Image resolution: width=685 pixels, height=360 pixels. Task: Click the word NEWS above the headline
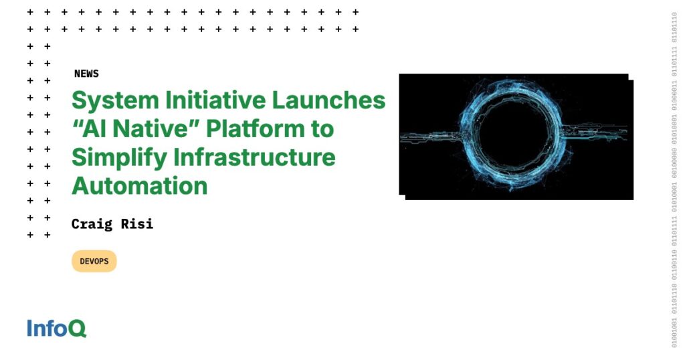tap(86, 74)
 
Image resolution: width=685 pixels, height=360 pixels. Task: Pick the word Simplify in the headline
tap(119, 157)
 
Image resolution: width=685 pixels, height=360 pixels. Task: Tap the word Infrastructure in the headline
tap(254, 157)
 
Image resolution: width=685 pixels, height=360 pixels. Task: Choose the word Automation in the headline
tap(139, 185)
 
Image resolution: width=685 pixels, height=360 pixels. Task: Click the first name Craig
tap(92, 223)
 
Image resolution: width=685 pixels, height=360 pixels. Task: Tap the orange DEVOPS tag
tap(94, 262)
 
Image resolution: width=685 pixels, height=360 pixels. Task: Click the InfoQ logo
tap(56, 328)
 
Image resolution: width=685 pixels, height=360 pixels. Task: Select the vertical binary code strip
tap(674, 180)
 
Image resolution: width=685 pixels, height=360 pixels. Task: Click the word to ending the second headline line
tap(320, 129)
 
